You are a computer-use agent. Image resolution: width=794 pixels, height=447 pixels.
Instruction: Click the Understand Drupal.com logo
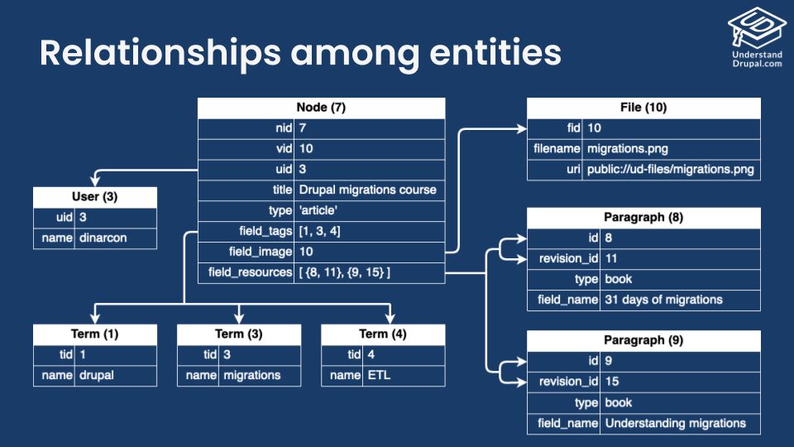756,36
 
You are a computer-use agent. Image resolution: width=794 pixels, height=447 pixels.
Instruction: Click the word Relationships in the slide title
156,52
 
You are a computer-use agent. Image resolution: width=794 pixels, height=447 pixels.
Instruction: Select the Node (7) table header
321,108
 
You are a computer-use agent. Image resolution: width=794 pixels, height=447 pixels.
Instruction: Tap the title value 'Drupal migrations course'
367,190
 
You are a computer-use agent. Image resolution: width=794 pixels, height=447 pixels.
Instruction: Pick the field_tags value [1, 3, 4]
319,230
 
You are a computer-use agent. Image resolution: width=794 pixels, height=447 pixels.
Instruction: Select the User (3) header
95,197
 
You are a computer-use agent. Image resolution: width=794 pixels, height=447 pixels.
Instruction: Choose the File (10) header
643,108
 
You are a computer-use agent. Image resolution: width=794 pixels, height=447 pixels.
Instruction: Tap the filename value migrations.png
627,149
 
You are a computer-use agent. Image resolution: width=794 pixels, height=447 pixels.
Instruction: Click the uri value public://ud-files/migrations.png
670,170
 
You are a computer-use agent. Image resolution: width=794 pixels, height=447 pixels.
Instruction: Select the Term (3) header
239,334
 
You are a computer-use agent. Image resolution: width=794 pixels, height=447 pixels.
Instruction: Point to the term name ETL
379,375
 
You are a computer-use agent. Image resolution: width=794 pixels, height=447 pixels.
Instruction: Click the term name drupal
97,375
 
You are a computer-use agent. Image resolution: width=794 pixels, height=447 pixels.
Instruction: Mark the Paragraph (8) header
643,218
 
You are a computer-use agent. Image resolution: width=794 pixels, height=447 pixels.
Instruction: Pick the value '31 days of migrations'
663,299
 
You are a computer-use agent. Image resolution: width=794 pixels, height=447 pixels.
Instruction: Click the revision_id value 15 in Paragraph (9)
612,382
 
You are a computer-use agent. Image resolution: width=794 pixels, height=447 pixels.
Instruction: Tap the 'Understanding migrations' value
675,423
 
